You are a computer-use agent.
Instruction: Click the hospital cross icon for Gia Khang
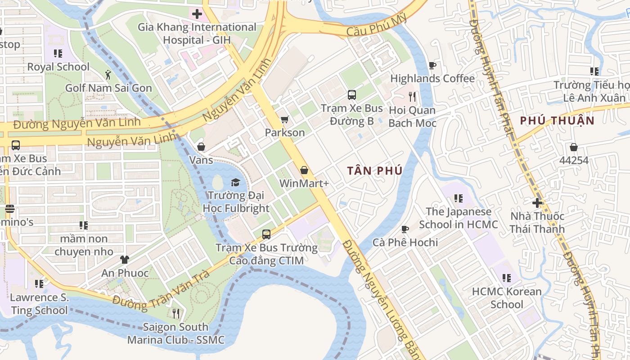tap(197, 14)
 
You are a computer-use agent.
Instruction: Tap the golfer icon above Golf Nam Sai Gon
tap(108, 74)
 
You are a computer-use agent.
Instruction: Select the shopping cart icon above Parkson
tap(284, 120)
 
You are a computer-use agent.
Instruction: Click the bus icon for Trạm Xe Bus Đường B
tap(352, 95)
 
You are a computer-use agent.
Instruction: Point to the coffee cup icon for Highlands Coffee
tap(432, 66)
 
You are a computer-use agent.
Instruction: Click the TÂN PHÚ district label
tap(374, 171)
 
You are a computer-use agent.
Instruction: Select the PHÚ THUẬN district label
tap(557, 121)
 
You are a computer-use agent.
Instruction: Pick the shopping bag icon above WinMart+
tap(304, 170)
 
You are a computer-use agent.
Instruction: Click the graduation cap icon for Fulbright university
tap(235, 182)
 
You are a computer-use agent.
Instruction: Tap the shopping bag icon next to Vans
tap(201, 147)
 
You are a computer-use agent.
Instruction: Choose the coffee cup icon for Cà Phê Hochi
tap(405, 229)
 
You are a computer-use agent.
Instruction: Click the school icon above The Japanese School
tap(459, 198)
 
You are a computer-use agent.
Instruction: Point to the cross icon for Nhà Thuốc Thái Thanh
tap(537, 203)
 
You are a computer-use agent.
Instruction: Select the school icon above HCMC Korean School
tap(507, 278)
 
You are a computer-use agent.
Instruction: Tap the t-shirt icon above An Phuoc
tap(125, 260)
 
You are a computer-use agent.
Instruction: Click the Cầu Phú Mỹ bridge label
tap(377, 26)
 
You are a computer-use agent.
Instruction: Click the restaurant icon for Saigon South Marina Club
tap(176, 313)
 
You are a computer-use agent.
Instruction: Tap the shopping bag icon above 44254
tap(573, 147)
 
